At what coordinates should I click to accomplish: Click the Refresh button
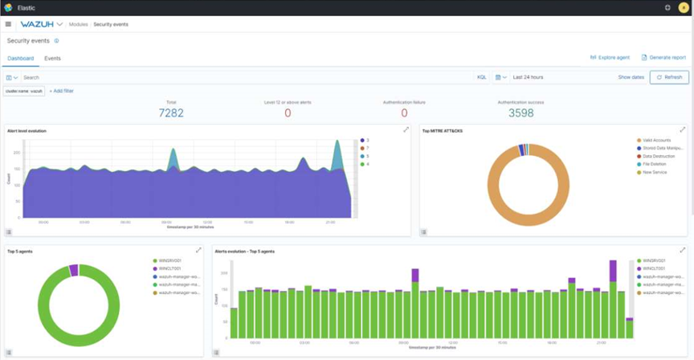669,77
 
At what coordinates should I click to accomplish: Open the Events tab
52,59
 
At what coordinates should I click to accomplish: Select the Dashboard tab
21,59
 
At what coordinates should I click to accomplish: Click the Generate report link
663,58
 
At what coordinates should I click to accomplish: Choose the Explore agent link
610,58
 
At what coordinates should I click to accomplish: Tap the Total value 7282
171,113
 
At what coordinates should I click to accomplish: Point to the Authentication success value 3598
521,113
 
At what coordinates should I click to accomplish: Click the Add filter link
62,92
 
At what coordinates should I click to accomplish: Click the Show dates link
631,77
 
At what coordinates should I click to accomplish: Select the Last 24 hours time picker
528,77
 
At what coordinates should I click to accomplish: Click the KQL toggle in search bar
482,77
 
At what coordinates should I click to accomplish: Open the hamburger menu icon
8,24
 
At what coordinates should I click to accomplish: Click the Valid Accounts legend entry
656,141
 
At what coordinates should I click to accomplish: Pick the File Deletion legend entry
655,164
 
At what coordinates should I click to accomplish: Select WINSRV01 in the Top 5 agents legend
169,261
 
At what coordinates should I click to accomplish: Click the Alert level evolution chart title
27,130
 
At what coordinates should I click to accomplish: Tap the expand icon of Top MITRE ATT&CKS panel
682,129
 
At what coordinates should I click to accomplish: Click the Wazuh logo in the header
37,24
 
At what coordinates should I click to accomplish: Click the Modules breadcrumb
78,24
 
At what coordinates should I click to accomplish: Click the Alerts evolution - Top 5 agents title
245,252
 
